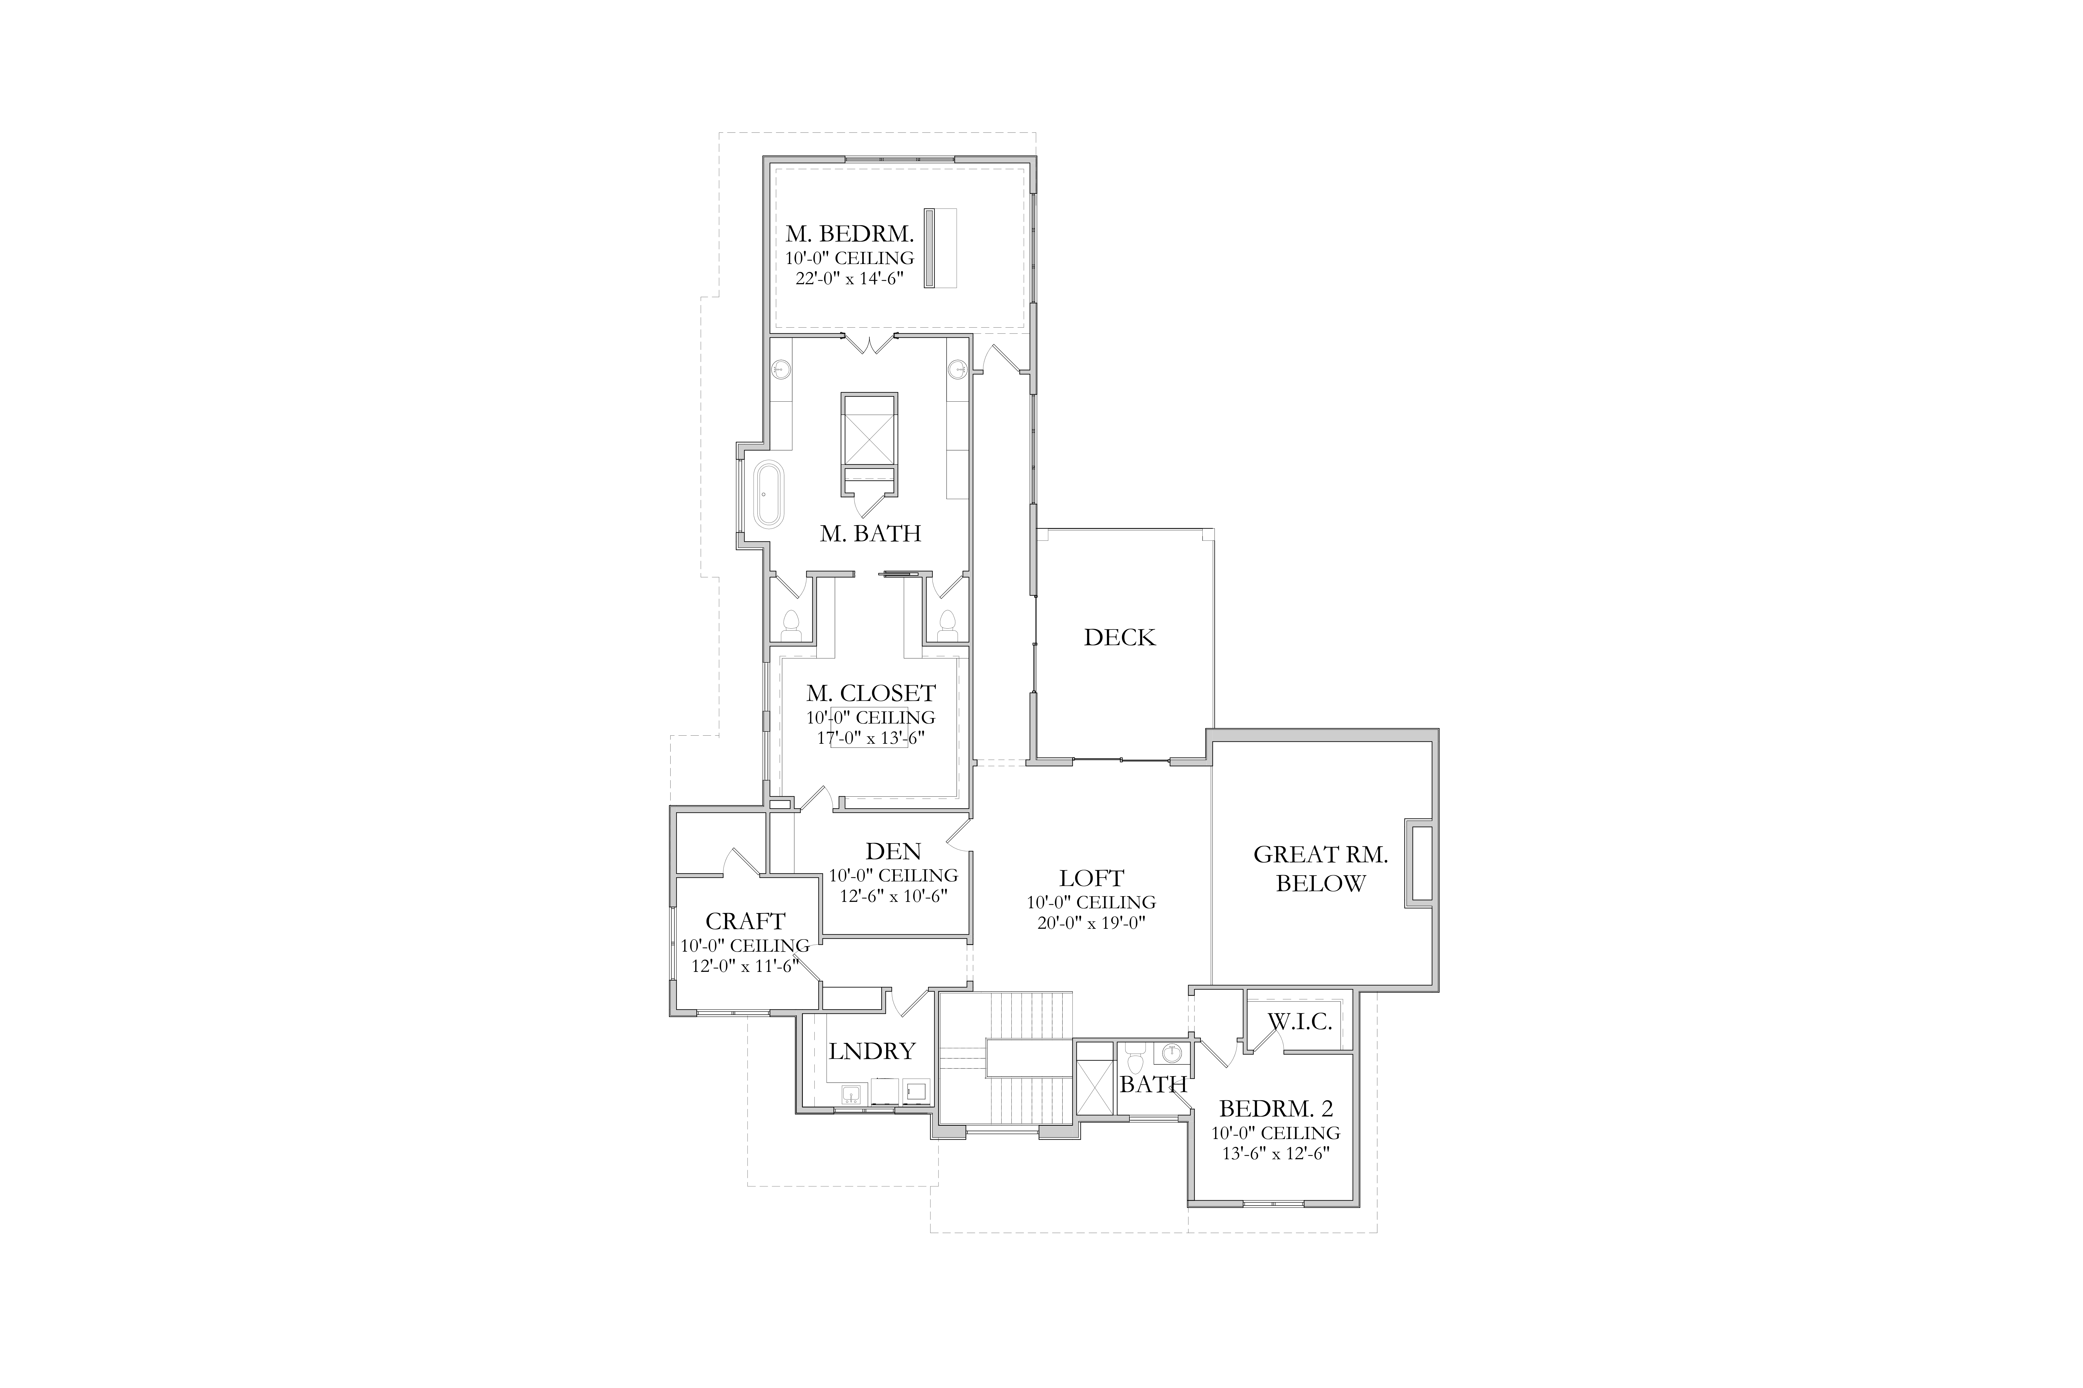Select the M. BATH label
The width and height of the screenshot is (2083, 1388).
pos(871,534)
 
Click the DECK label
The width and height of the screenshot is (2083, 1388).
pos(1119,637)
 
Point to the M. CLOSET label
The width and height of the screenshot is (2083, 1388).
pos(871,693)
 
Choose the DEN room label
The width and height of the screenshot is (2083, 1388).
pos(893,852)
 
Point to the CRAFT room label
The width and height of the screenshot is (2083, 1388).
pos(745,922)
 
